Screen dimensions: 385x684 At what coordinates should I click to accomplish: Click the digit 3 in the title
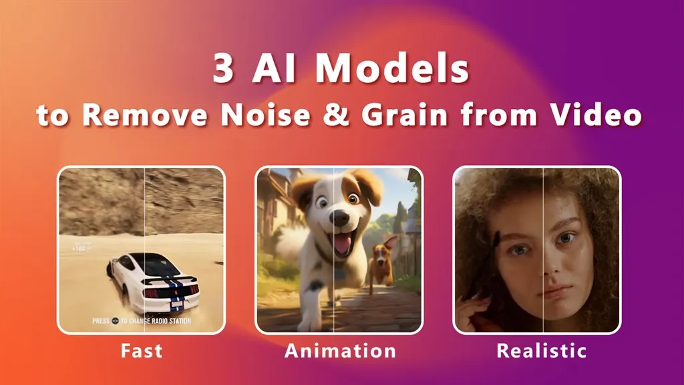224,69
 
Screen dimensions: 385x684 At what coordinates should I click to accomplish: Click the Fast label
141,350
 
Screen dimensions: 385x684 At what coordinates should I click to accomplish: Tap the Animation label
340,350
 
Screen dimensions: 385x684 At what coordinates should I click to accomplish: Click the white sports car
150,281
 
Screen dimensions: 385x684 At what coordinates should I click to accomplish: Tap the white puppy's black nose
339,219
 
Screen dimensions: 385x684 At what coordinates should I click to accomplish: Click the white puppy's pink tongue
341,245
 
